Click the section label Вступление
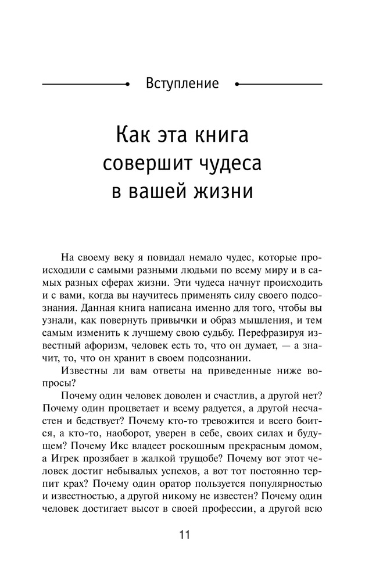click(x=182, y=83)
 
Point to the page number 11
click(x=185, y=535)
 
